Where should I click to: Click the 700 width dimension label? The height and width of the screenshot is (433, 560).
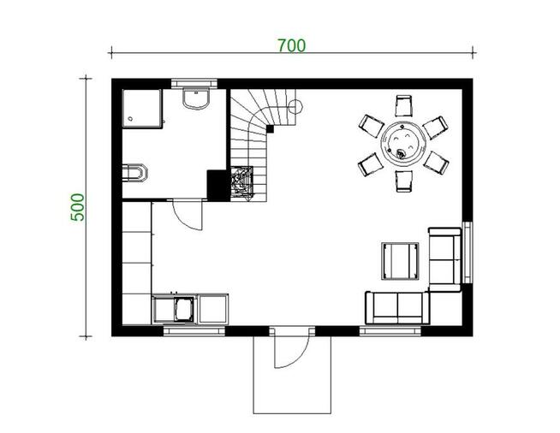[x=291, y=44]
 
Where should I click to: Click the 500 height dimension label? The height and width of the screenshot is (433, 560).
[x=78, y=207]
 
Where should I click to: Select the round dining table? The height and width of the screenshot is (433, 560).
[x=402, y=143]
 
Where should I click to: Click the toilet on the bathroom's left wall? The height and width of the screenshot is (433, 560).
[x=135, y=172]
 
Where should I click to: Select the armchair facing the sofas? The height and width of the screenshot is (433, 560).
[x=398, y=260]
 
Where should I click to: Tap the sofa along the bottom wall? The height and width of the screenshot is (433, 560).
[x=396, y=306]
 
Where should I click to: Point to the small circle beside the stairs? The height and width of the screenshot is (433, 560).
[x=295, y=108]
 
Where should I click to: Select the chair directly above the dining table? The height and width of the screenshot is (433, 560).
[x=404, y=105]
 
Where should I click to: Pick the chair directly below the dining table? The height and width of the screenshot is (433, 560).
[x=402, y=181]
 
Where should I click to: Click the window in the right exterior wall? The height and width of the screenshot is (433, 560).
[x=468, y=252]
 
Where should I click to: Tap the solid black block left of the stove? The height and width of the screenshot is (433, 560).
[x=217, y=184]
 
